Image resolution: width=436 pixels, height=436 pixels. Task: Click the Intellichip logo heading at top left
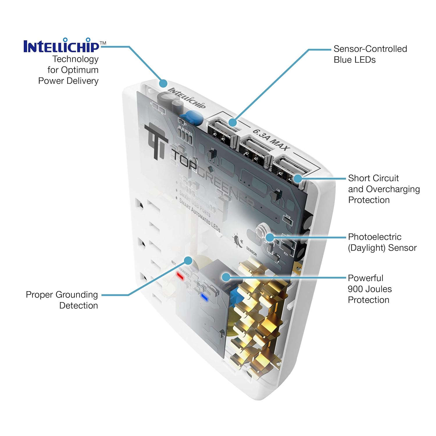pyautogui.click(x=62, y=46)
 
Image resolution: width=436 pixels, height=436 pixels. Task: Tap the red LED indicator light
pyautogui.click(x=180, y=276)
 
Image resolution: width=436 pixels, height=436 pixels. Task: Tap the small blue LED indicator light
pyautogui.click(x=204, y=297)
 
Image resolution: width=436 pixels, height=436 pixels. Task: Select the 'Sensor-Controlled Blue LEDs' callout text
pyautogui.click(x=370, y=54)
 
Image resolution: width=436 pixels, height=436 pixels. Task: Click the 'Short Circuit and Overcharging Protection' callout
pyautogui.click(x=384, y=189)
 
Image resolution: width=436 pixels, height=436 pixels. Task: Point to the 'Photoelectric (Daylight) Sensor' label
pyautogui.click(x=382, y=242)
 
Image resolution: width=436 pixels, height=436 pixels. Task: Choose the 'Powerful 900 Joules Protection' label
pyautogui.click(x=369, y=289)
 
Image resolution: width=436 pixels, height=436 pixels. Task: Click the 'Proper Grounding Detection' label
pyautogui.click(x=62, y=300)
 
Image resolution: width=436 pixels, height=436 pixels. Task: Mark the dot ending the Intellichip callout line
pyautogui.click(x=163, y=83)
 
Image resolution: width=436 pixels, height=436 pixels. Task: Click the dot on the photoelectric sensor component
pyautogui.click(x=270, y=237)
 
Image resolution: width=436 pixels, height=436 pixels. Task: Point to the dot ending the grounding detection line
pyautogui.click(x=188, y=260)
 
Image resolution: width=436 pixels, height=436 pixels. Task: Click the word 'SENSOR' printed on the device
pyautogui.click(x=251, y=251)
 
